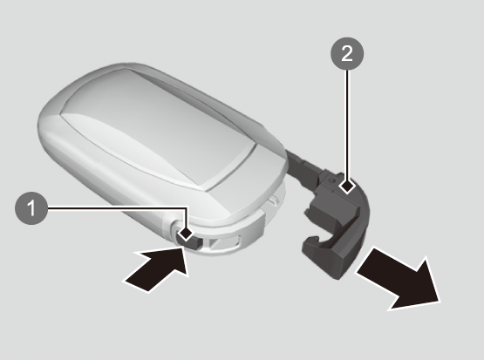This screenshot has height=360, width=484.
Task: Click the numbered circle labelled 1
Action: [x=31, y=208]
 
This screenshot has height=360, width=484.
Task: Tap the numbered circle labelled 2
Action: [x=347, y=54]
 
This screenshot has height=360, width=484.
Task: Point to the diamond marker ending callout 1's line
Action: [x=186, y=233]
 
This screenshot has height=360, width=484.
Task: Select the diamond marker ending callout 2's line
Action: [x=347, y=187]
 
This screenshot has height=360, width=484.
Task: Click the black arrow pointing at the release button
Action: [x=156, y=269]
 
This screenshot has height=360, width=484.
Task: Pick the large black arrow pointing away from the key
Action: [x=399, y=278]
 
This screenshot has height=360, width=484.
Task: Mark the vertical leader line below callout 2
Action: [x=347, y=125]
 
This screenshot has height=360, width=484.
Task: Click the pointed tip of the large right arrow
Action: [x=440, y=301]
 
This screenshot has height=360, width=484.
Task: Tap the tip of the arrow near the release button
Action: [x=183, y=249]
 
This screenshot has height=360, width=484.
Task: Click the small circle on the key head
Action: [x=331, y=180]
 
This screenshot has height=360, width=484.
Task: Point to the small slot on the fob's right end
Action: [x=273, y=201]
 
